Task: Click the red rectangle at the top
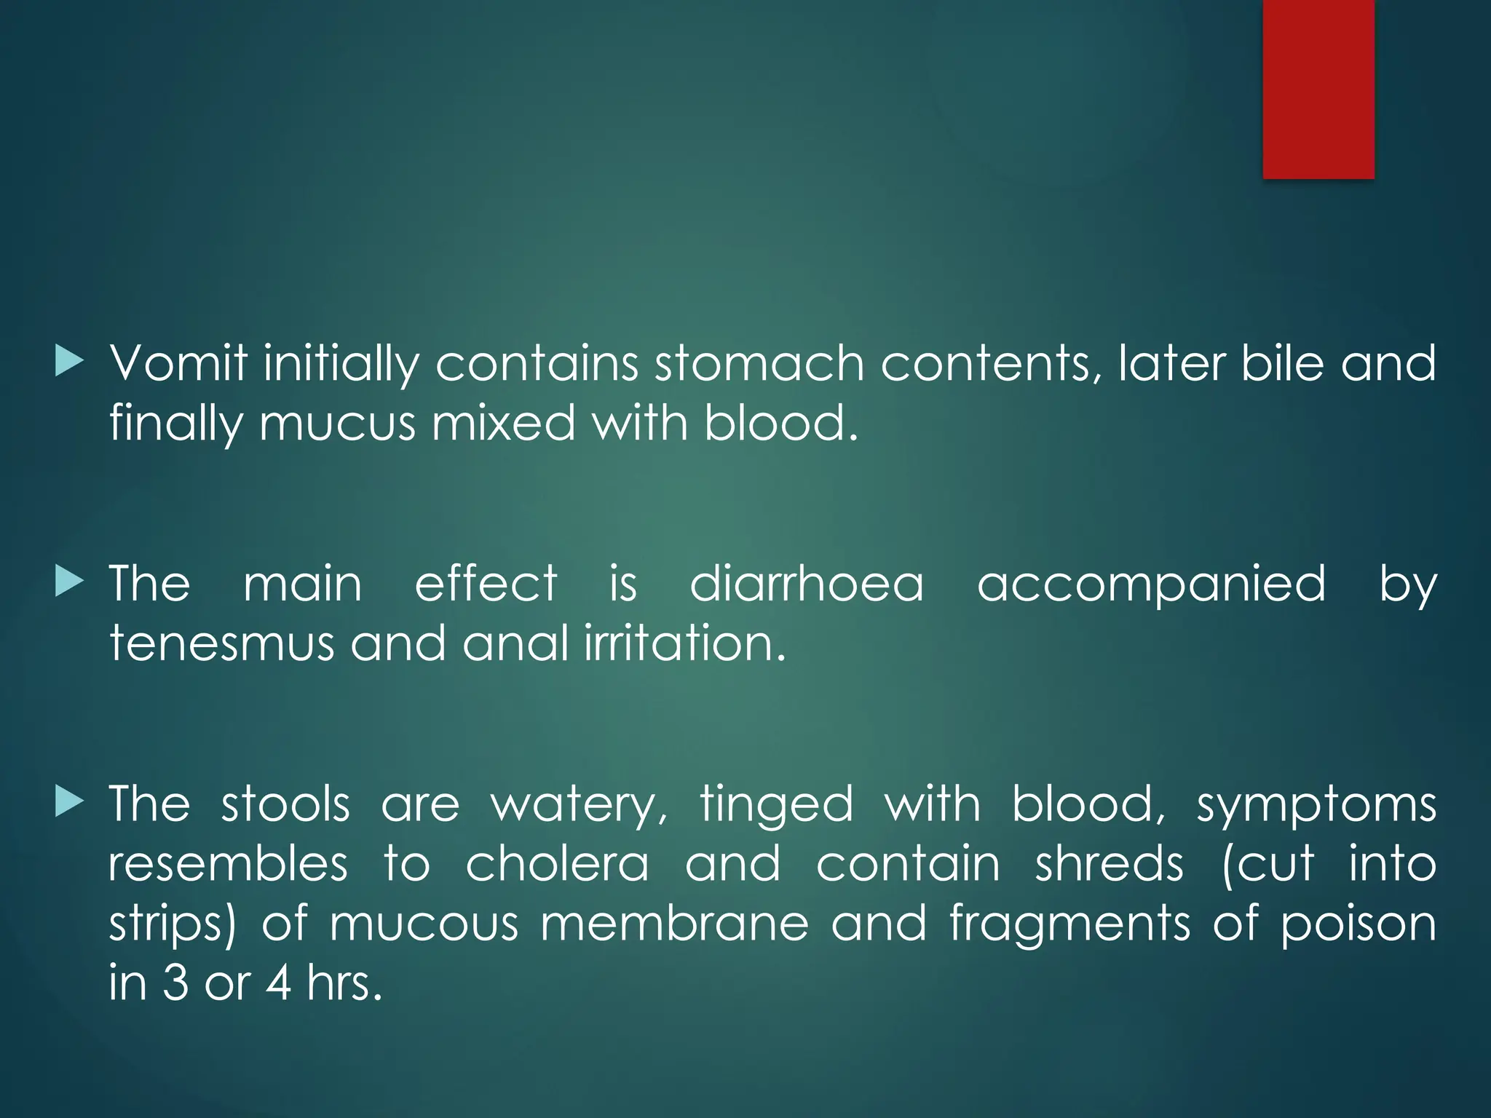point(1318,89)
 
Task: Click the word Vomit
point(178,363)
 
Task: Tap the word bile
point(1282,363)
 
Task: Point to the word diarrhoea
point(807,584)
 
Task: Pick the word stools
point(285,805)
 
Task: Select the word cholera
point(557,865)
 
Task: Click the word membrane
point(674,924)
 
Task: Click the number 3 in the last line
point(175,983)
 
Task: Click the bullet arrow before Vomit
point(69,362)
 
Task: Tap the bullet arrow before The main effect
point(69,582)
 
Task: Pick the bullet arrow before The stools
point(69,803)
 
